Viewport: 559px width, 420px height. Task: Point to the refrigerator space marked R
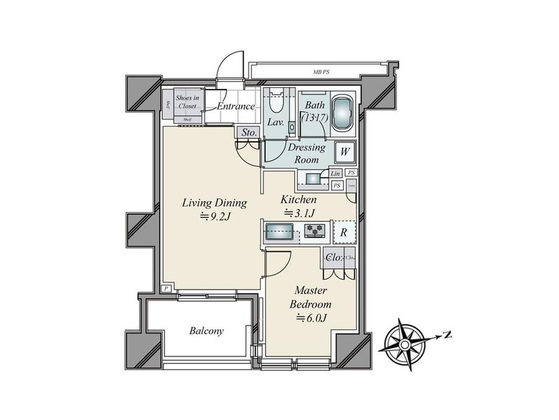[343, 231]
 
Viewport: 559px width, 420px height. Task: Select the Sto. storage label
[249, 132]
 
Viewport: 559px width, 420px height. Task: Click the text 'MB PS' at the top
[322, 72]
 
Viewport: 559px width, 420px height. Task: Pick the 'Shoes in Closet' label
[187, 102]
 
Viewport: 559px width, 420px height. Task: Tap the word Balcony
[206, 331]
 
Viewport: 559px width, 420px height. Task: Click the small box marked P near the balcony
[166, 288]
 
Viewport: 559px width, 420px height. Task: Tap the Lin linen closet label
[335, 173]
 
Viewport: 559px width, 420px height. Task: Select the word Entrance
[236, 107]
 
